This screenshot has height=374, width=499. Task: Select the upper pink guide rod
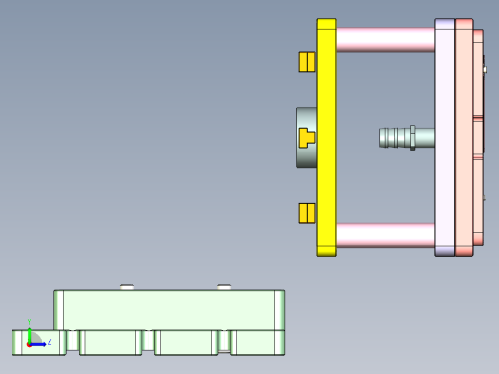(384, 39)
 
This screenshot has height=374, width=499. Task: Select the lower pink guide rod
(384, 235)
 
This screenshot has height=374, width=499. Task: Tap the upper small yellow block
(307, 61)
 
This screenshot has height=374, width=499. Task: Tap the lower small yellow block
(307, 213)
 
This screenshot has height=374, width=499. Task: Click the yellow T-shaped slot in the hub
(306, 137)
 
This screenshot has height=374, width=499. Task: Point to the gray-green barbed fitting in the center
(395, 137)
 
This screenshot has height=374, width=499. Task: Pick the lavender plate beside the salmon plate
(443, 137)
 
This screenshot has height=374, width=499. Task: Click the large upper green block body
(168, 309)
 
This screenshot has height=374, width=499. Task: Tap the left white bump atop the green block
(127, 286)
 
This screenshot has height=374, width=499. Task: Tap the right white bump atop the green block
(224, 286)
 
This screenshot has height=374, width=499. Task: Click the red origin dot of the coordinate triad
(30, 343)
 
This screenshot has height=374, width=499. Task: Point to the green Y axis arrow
(30, 333)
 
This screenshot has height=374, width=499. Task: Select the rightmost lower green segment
(257, 342)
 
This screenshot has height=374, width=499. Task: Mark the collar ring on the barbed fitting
(412, 137)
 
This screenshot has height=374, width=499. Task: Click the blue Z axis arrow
(39, 343)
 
